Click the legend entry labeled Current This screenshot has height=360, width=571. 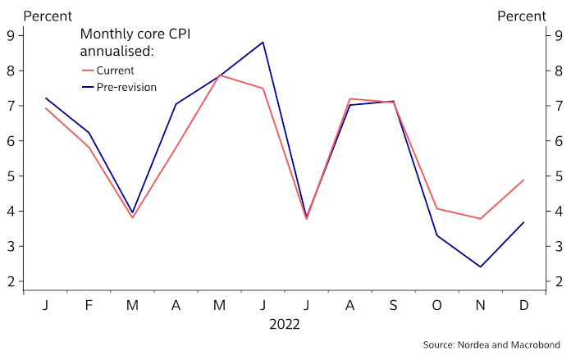115,70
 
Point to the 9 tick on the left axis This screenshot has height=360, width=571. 11,35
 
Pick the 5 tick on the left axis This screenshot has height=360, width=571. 11,176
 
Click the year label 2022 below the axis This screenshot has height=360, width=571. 285,324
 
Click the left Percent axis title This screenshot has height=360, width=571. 48,16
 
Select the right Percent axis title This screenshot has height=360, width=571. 522,16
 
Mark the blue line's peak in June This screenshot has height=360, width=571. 263,42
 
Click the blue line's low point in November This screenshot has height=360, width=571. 480,267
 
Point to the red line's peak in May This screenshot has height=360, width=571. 220,75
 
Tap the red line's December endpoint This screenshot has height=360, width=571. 523,180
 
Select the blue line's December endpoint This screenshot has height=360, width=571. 523,222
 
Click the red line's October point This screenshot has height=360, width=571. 436,208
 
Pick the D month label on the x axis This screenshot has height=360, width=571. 523,306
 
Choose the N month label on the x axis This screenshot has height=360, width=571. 480,306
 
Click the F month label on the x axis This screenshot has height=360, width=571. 89,306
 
